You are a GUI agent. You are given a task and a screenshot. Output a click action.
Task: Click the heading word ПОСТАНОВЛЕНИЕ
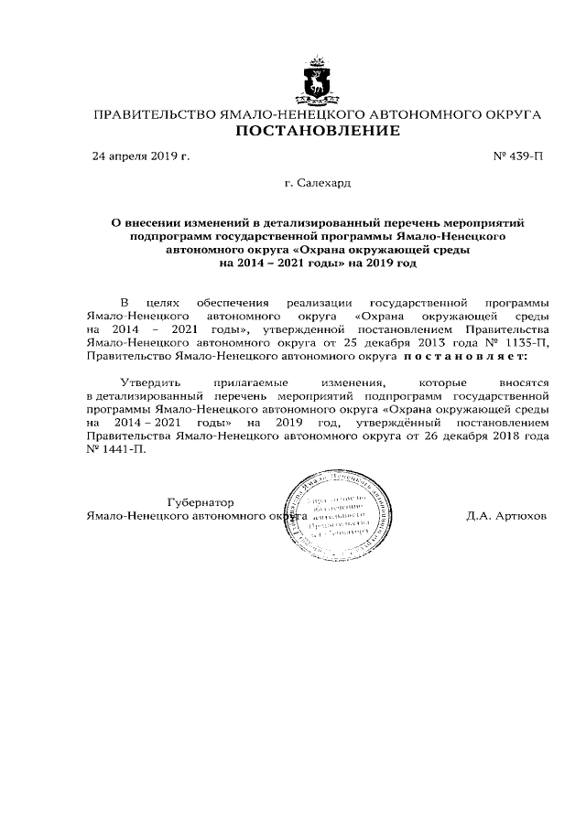[319, 131]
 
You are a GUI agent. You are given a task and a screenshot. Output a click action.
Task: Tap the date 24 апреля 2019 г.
[141, 156]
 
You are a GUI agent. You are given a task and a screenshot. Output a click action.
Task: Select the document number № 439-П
[517, 156]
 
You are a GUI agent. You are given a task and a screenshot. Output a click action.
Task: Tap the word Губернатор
[201, 502]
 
